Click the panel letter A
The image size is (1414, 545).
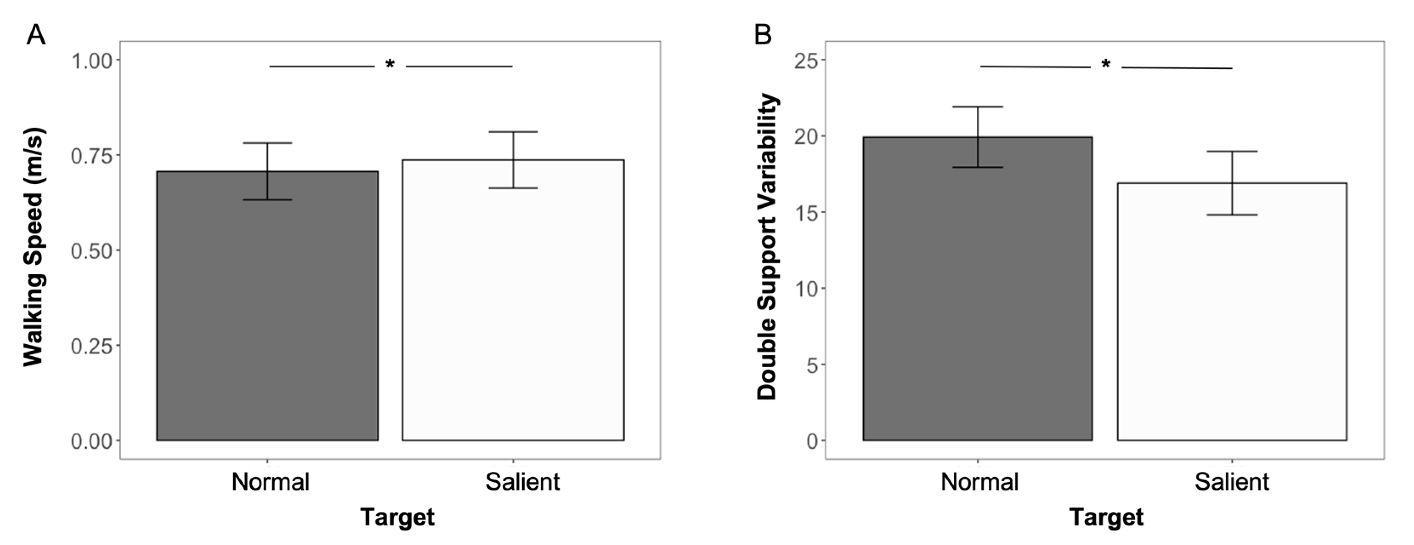[36, 35]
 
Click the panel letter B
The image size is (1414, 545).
[763, 35]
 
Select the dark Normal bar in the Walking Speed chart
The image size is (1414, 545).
[267, 319]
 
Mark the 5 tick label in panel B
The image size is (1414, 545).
[812, 365]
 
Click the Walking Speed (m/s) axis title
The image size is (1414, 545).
[34, 247]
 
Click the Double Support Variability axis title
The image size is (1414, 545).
[767, 247]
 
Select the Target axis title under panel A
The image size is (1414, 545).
[397, 517]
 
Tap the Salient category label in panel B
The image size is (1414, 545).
[1232, 482]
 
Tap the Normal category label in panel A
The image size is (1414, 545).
[270, 482]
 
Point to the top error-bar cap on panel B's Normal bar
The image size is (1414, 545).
[978, 107]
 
